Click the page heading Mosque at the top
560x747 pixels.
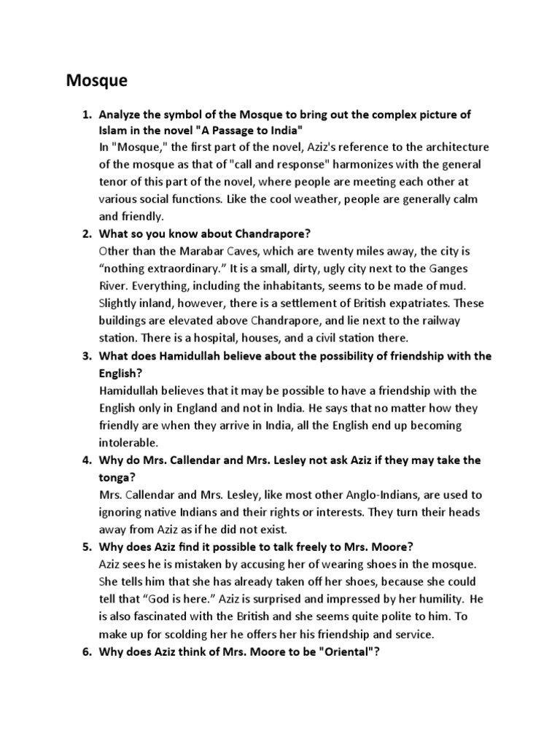tap(96, 81)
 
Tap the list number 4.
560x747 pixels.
tap(85, 460)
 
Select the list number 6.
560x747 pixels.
tap(85, 651)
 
